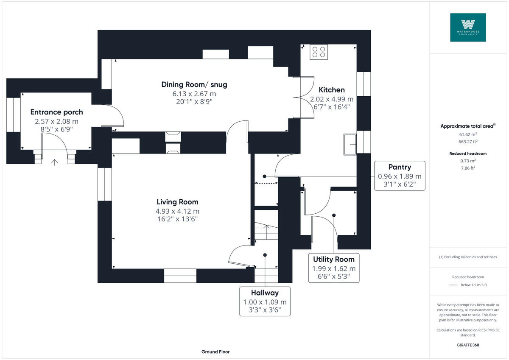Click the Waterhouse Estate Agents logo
[468, 27]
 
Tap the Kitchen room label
[332, 90]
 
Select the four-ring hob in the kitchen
[319, 52]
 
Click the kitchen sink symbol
[350, 145]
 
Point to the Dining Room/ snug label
[194, 84]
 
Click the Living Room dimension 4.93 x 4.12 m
[177, 211]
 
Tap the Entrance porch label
[56, 112]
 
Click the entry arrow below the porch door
[54, 162]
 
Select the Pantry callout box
[400, 176]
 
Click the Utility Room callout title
[333, 259]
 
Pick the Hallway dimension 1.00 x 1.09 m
[265, 302]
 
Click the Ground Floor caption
[215, 352]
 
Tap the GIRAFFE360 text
[468, 345]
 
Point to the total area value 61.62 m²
[468, 134]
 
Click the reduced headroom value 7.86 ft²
[468, 168]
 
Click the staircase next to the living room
[266, 231]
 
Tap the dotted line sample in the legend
[453, 285]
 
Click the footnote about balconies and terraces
[468, 257]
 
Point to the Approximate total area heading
[468, 126]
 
